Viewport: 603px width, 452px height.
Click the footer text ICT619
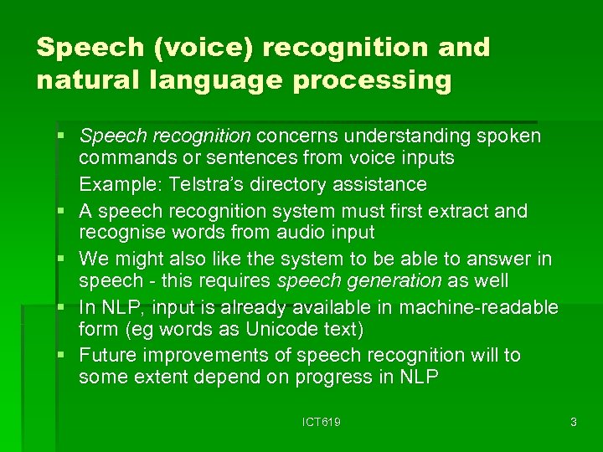[x=322, y=423]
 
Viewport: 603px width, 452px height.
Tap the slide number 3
[x=573, y=423]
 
